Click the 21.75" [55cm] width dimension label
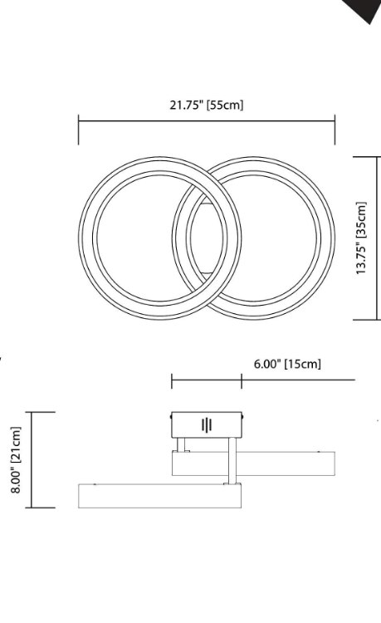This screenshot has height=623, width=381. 207,105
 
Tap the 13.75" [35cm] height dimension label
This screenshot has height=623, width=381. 361,238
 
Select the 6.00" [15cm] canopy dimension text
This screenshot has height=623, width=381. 287,364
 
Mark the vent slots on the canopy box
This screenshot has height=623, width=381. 207,425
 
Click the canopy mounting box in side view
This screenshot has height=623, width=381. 208,425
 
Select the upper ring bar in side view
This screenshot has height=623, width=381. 253,463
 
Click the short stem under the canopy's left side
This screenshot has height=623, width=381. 185,445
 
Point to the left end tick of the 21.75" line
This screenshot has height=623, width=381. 79,130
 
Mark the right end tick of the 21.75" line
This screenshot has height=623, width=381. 335,130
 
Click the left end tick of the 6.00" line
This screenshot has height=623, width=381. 172,381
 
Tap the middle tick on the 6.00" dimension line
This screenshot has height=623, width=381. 242,381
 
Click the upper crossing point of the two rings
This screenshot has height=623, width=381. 206,185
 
